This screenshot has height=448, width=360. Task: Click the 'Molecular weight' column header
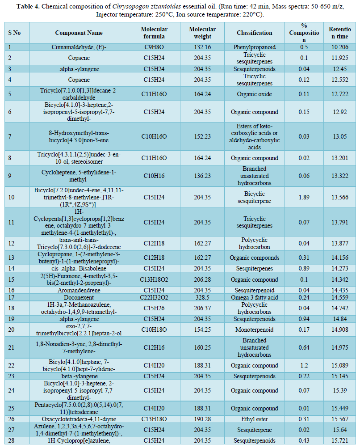pos(202,33)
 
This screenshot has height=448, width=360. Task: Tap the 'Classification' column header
pos(254,33)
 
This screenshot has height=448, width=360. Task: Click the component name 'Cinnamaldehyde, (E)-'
pos(79,47)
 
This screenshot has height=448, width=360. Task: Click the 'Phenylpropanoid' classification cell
pos(254,47)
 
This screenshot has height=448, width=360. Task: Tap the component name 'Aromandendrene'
pos(79,290)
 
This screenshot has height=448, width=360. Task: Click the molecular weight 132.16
pos(202,47)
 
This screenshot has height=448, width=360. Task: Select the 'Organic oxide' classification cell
pos(254,94)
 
